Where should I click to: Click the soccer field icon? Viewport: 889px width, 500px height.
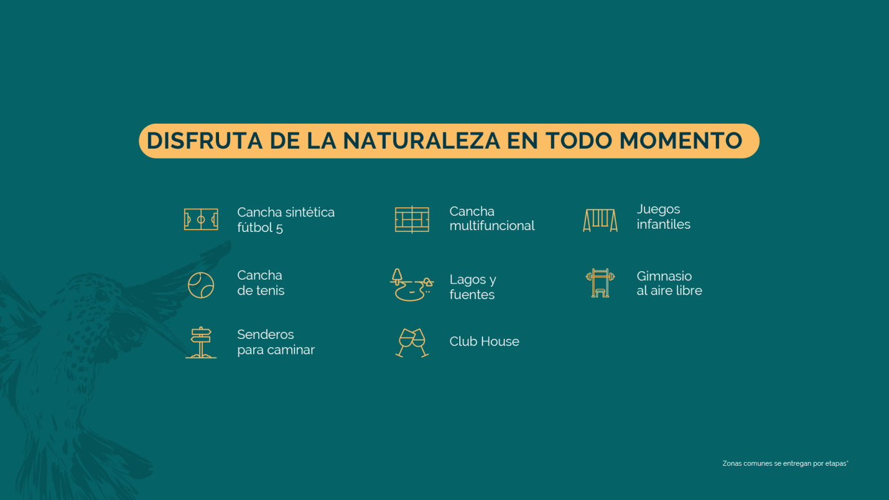pos(201,220)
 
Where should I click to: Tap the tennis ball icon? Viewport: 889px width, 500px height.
pos(201,285)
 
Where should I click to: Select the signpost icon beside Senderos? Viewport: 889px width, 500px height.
pos(201,342)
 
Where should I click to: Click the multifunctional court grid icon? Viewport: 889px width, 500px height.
pos(412,220)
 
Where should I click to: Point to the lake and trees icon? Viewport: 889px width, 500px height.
pos(412,285)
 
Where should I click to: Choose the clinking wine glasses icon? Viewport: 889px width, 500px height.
pos(412,342)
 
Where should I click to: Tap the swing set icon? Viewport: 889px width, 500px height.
pos(600,220)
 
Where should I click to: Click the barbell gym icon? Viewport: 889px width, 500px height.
pos(600,284)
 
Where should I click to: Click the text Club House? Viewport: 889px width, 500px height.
pos(484,341)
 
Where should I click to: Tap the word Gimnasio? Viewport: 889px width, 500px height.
pos(664,276)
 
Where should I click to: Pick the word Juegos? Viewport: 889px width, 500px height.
pos(658,209)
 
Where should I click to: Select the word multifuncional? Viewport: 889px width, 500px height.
pos(492,226)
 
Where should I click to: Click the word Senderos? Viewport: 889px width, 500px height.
pos(265,334)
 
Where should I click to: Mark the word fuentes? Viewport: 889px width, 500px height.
pos(472,295)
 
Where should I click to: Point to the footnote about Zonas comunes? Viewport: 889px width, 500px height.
pos(785,463)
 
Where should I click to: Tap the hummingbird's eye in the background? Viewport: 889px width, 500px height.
pos(102,296)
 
